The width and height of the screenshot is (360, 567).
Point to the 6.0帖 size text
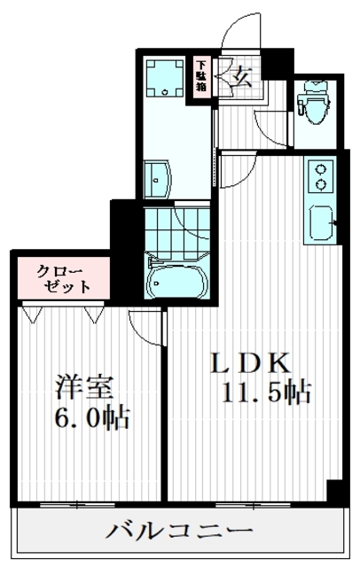91,416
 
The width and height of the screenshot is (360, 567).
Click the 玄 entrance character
241,76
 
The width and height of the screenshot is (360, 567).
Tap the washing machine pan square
163,78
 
